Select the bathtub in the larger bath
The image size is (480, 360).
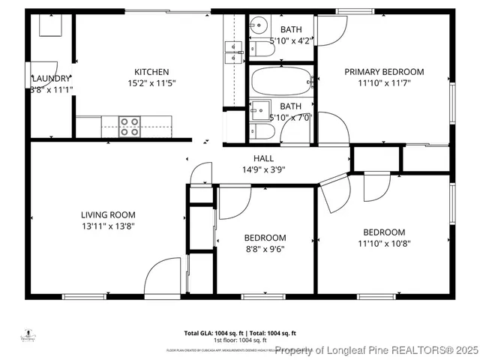280,80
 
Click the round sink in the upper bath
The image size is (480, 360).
259,22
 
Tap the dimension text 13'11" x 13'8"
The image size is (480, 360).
108,226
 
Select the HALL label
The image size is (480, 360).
263,158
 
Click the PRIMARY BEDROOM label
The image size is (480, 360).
384,72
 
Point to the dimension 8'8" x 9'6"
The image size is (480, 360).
265,249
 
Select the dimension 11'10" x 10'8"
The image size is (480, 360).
384,243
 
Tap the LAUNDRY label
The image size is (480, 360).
51,78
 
